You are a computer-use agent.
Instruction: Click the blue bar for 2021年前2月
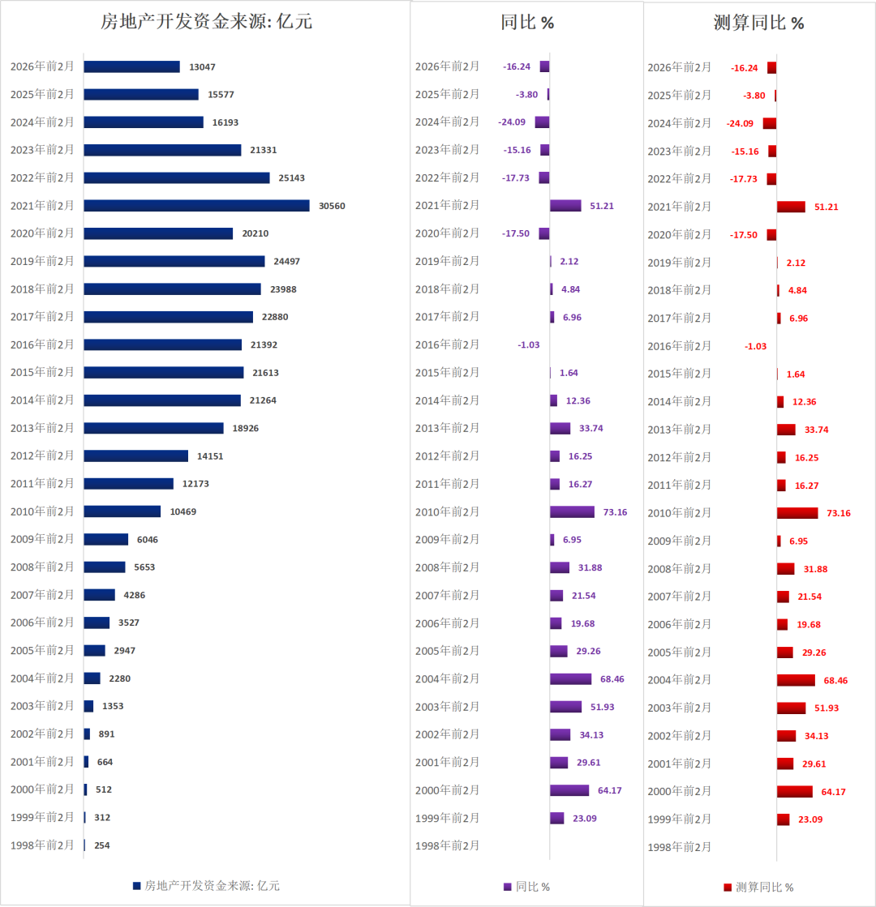[x=196, y=206]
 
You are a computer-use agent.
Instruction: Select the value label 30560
[x=332, y=206]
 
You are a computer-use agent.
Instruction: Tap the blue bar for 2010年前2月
[x=122, y=511]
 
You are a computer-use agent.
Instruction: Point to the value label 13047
[x=202, y=66]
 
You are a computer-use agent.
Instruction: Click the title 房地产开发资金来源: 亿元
[x=205, y=22]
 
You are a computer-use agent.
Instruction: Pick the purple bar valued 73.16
[x=572, y=511]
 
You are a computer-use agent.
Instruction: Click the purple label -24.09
[x=512, y=122]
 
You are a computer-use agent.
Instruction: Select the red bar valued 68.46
[x=795, y=680]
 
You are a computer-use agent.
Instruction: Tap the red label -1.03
[x=755, y=346]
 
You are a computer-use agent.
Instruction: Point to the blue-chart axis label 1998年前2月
[x=42, y=845]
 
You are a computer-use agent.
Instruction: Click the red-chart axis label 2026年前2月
[x=679, y=67]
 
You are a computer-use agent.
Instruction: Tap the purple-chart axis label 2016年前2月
[x=447, y=344]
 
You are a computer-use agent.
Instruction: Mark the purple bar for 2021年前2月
[x=565, y=206]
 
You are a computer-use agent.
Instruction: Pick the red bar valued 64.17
[x=794, y=791]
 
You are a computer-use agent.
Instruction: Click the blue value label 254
[x=101, y=845]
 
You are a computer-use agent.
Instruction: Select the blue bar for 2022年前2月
[x=176, y=178]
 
